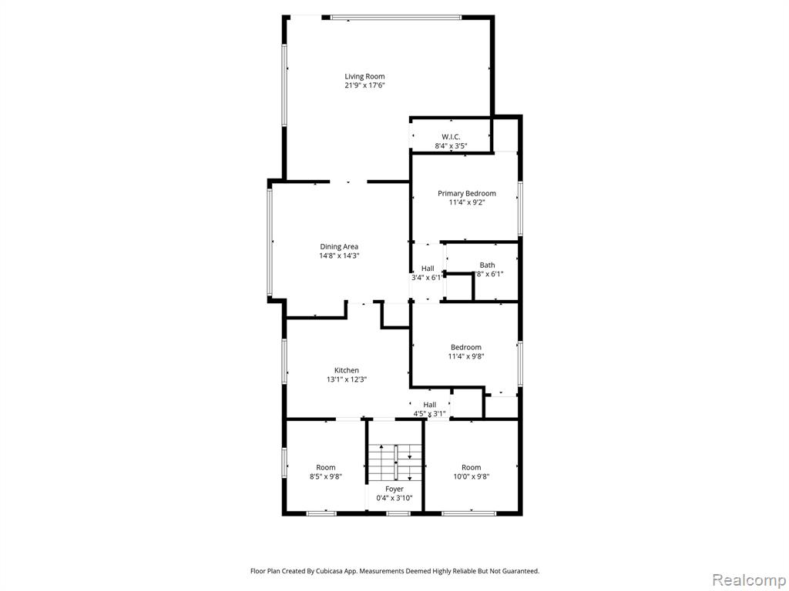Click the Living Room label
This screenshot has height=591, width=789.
click(364, 76)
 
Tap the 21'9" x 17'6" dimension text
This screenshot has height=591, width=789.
click(364, 85)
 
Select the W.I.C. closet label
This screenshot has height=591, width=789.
click(451, 137)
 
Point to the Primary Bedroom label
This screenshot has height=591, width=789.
click(466, 193)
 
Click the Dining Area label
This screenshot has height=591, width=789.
click(339, 247)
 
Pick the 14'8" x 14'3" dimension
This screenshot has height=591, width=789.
click(339, 255)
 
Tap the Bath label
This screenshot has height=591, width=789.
click(487, 265)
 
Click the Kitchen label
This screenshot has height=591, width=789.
click(347, 370)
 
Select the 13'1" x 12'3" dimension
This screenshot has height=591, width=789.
click(347, 380)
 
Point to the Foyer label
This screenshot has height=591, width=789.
click(394, 489)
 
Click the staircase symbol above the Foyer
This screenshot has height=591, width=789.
click(395, 462)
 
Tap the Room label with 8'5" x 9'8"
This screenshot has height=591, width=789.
click(326, 467)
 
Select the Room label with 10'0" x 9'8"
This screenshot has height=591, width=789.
click(471, 467)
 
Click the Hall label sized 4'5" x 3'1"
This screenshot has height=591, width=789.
click(430, 405)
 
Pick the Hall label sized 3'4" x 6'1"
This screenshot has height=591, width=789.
click(428, 269)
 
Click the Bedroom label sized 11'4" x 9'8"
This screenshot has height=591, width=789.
click(466, 347)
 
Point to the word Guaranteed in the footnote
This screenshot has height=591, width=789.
click(523, 571)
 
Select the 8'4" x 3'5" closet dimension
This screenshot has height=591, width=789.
click(451, 146)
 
